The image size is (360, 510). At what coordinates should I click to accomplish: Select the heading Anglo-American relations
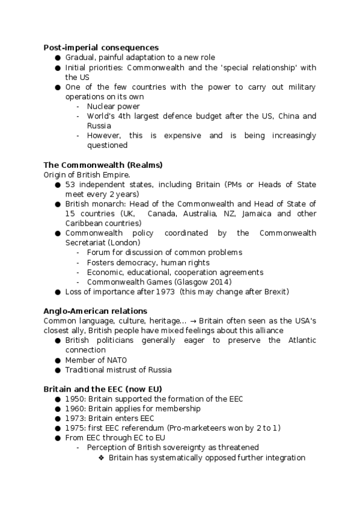(x=95, y=311)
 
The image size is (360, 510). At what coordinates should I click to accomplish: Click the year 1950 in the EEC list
(x=75, y=399)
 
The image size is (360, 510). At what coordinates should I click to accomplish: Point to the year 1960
(x=75, y=408)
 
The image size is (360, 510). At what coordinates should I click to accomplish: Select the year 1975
(x=75, y=428)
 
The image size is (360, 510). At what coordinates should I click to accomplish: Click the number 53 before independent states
(x=70, y=184)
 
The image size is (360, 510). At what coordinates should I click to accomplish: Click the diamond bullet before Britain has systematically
(x=102, y=458)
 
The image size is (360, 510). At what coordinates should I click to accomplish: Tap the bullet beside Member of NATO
(x=58, y=360)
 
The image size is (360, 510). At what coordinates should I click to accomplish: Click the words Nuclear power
(x=113, y=106)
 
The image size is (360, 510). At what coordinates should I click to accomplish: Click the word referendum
(x=146, y=428)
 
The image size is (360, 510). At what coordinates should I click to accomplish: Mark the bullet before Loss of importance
(x=58, y=292)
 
